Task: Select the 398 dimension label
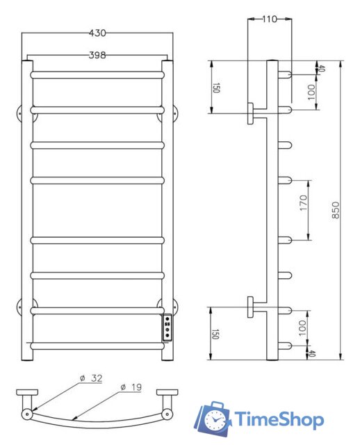(x=97, y=55)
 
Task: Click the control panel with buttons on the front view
(x=167, y=327)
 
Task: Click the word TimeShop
(x=279, y=420)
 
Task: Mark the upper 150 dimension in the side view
(x=215, y=88)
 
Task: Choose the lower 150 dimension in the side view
(x=215, y=333)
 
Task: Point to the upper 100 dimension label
(x=311, y=90)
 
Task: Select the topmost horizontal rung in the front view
(x=97, y=72)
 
